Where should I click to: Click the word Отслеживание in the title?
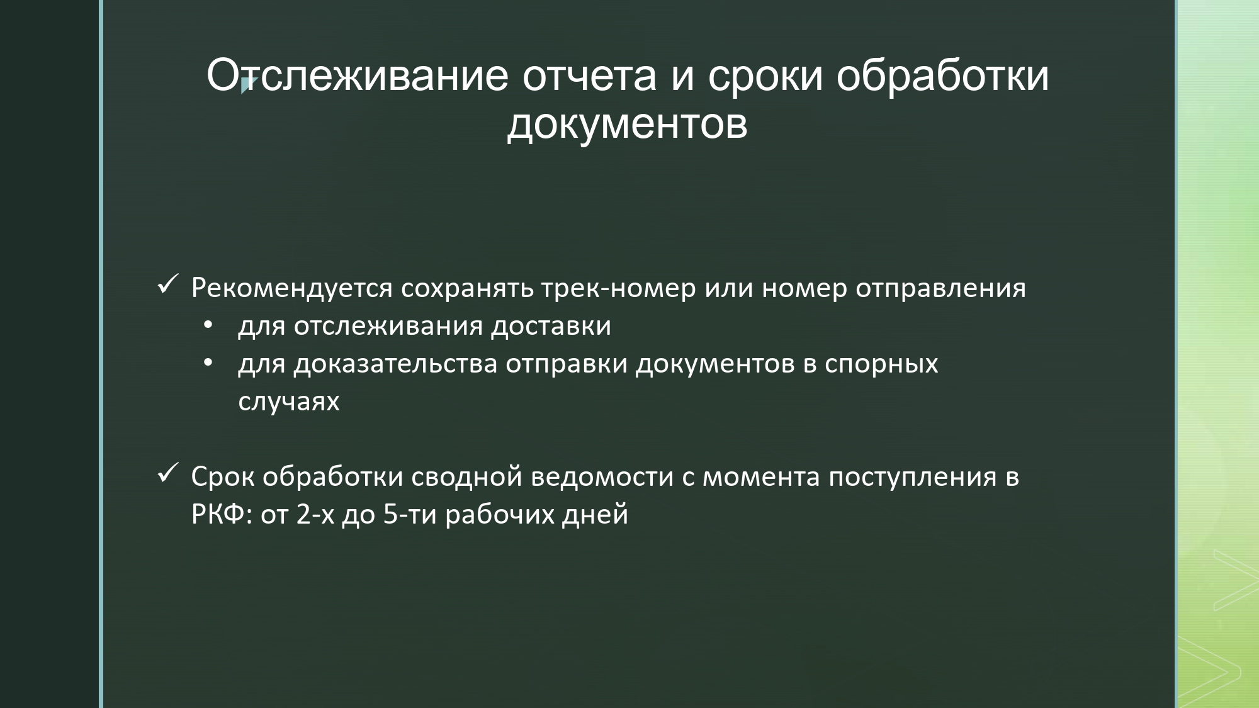click(357, 76)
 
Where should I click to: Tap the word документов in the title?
click(628, 123)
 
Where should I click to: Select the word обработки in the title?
click(942, 76)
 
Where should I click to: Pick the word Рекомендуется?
click(292, 289)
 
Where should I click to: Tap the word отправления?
click(940, 289)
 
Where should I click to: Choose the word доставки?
click(551, 327)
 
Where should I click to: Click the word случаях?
click(289, 402)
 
